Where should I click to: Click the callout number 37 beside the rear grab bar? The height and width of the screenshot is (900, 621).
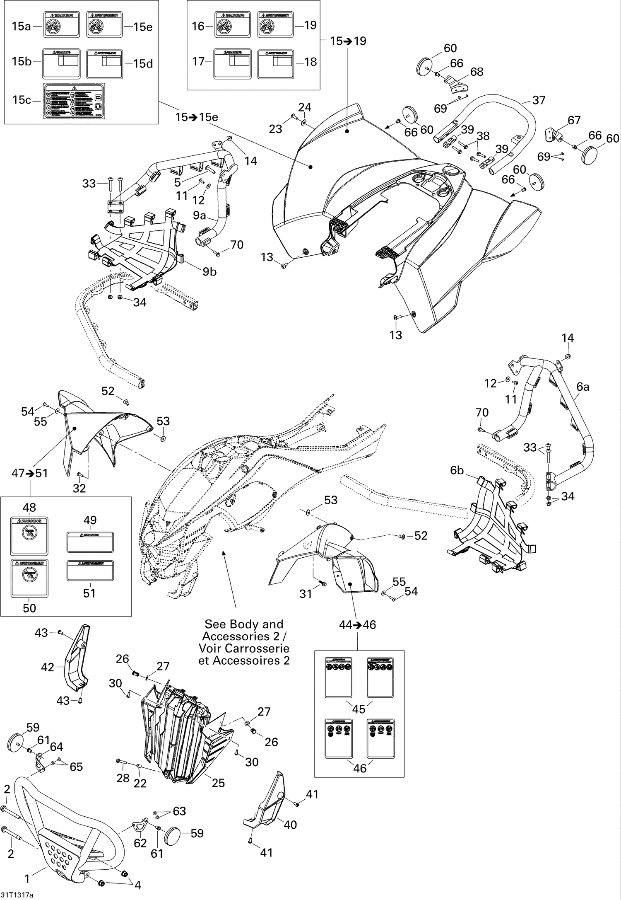[539, 100]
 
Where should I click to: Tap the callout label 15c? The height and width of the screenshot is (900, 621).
[22, 100]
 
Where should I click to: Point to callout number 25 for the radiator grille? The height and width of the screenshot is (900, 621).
[218, 783]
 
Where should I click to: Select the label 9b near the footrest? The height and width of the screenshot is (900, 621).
[209, 271]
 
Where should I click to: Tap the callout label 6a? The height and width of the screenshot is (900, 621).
[583, 387]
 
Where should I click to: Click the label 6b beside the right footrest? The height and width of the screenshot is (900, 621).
[457, 470]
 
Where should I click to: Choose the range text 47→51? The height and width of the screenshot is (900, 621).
[30, 473]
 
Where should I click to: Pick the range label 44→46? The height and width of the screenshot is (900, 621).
[357, 624]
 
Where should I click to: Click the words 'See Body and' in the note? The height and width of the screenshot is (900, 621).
[244, 624]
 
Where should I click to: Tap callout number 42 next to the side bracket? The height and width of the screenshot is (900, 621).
[48, 667]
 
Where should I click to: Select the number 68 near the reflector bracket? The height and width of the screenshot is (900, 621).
[477, 72]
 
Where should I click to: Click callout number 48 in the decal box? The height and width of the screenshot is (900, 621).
[29, 507]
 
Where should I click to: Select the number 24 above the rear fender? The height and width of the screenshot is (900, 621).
[305, 107]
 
